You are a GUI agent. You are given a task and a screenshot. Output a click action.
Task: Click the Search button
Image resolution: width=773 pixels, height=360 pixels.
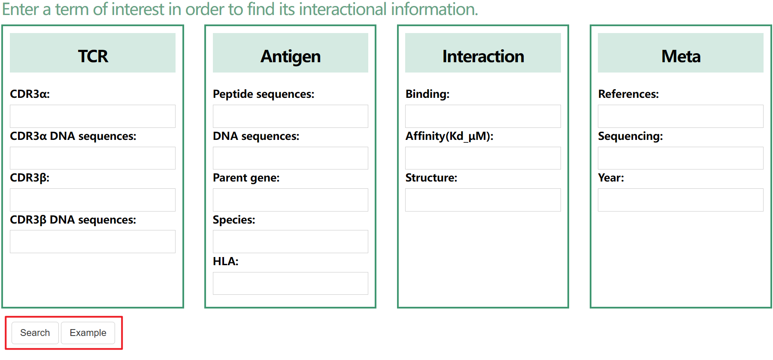35,333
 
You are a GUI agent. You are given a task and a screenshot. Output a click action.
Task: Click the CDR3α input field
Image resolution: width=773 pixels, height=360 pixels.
93,116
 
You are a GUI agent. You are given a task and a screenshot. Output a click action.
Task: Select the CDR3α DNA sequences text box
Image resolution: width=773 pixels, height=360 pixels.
93,158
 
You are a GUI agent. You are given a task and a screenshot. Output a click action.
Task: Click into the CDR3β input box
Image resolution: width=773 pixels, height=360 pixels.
93,200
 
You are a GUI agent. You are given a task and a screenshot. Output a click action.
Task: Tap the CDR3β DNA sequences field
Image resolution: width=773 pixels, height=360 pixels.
93,242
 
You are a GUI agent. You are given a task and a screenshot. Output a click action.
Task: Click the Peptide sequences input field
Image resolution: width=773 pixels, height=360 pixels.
291,116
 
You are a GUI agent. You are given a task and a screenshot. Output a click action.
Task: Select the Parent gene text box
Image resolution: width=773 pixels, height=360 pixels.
291,200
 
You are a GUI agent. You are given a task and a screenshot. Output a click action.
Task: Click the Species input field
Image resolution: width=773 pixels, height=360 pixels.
291,242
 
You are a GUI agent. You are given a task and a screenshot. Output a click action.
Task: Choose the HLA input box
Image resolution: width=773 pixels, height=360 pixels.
291,284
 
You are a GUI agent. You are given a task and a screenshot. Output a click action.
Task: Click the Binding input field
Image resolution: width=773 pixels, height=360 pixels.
483,116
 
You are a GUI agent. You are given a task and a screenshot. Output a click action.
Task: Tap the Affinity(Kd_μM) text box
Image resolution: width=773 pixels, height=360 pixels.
483,158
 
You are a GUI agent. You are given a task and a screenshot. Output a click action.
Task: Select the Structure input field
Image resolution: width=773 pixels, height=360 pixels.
483,200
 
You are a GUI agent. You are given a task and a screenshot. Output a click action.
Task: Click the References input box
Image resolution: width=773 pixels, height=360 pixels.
681,116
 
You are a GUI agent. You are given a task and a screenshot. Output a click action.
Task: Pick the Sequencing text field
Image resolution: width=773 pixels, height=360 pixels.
681,158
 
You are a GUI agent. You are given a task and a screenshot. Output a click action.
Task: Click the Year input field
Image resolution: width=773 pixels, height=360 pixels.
681,200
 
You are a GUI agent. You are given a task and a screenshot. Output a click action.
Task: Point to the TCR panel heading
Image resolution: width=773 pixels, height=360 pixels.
93,56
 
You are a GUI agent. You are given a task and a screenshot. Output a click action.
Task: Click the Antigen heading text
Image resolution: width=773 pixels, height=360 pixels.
291,57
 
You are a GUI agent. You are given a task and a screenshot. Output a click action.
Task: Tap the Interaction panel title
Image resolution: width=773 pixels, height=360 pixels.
483,56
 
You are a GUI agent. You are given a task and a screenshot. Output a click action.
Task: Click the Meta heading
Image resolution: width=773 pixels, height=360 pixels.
681,56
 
